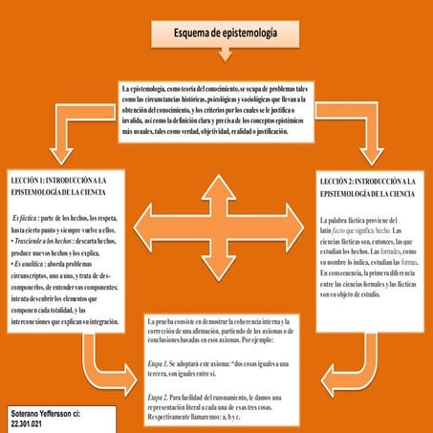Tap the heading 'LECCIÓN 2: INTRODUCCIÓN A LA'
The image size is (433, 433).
click(368, 181)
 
